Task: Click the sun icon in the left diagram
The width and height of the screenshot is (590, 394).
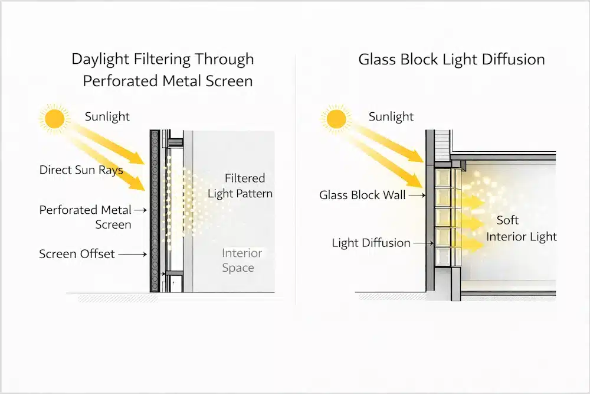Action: coord(54,118)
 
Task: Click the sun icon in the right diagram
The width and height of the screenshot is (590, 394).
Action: coord(337,118)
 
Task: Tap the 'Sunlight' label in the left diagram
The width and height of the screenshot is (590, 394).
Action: coord(107,116)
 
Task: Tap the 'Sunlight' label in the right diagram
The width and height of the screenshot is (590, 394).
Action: coord(391,116)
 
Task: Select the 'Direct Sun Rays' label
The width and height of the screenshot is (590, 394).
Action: coord(81,170)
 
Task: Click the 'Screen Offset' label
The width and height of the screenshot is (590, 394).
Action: coord(77,255)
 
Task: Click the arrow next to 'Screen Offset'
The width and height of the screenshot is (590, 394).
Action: coord(135,255)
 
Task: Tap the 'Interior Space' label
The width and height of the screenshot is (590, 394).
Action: coord(241,260)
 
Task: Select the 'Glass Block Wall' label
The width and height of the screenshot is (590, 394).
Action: coord(362,195)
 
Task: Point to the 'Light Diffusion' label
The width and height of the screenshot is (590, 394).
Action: coord(371,243)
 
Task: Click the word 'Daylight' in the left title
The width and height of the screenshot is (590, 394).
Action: coord(101,59)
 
